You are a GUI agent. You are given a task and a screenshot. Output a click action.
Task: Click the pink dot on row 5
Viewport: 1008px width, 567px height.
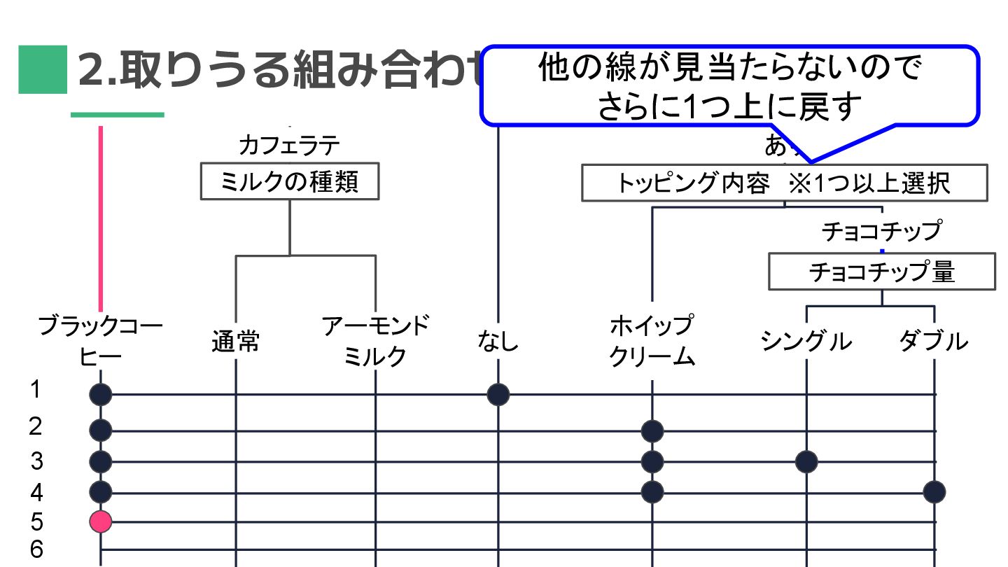coord(101,521)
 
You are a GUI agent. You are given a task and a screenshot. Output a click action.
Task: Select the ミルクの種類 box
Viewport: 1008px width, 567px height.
coord(290,182)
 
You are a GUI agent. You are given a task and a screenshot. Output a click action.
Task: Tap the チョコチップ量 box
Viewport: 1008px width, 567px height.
coord(881,272)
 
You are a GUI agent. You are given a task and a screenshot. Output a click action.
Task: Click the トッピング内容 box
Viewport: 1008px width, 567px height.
coord(784,183)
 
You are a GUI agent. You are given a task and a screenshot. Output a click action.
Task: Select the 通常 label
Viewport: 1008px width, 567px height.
coord(236,342)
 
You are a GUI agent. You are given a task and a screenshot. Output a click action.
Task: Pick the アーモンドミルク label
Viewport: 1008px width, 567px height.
coord(376,342)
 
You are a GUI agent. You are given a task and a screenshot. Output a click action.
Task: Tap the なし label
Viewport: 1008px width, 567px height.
coord(498,342)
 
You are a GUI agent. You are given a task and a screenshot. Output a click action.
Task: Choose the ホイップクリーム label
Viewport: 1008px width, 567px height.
coord(652,342)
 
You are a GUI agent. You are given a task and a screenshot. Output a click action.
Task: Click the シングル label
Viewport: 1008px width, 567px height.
coord(806,342)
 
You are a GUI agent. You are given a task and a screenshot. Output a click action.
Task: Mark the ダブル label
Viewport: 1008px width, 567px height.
coord(934,342)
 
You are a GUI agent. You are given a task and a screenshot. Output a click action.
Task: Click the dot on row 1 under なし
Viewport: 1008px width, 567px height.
coord(498,395)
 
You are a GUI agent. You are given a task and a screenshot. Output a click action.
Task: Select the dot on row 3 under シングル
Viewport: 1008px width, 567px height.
coord(806,461)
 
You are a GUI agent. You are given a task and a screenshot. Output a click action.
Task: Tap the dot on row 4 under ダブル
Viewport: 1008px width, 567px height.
coord(934,492)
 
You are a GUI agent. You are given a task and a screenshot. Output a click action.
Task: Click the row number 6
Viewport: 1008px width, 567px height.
coord(36,549)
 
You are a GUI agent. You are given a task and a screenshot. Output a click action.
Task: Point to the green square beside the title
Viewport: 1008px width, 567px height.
coord(43,70)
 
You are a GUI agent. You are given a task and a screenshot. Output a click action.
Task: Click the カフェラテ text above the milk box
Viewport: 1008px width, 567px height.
coord(289,146)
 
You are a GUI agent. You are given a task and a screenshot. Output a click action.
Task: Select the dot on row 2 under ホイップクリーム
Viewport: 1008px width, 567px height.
coord(652,430)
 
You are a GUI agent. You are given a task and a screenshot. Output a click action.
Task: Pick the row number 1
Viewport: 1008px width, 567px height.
coord(36,389)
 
